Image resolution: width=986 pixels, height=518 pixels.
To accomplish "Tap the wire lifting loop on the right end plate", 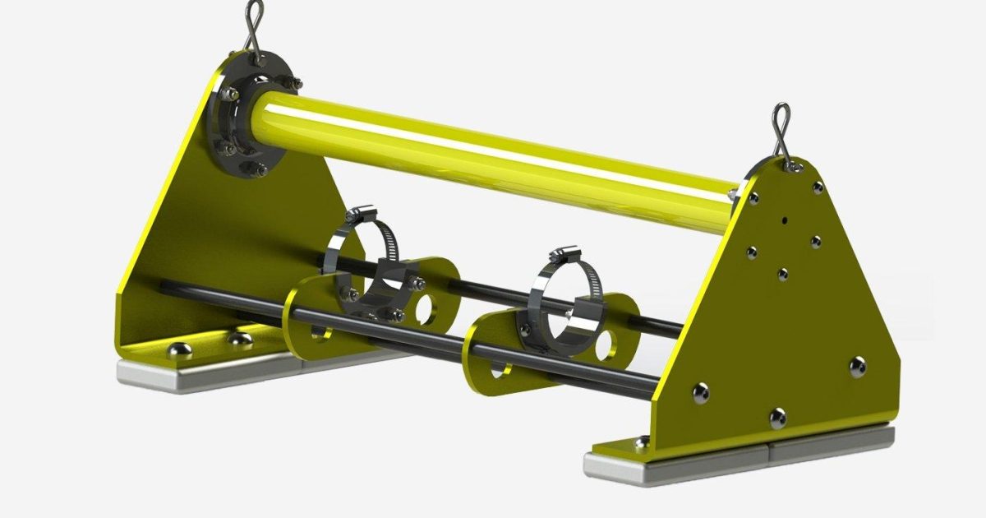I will pos(781,132).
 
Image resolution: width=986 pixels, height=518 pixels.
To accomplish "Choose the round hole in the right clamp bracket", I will pos(606,347).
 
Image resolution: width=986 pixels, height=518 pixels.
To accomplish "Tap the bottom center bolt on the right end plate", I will pos(777,418).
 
